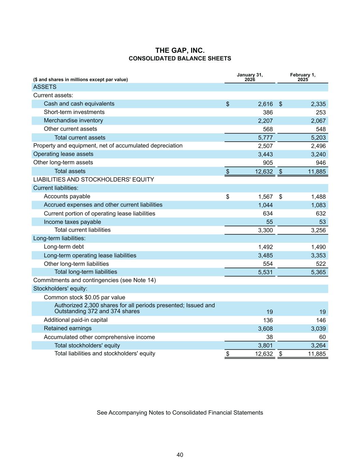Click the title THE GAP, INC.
(180, 51)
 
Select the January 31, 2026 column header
(250, 77)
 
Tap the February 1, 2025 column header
(303, 77)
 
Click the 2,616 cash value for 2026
(265, 104)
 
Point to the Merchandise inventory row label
(73, 121)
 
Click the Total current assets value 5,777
(265, 138)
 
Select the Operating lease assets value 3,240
(318, 154)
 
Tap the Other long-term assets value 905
(268, 163)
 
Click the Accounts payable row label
(67, 196)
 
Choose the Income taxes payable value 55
(269, 222)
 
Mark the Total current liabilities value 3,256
(318, 230)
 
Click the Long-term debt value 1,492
(265, 247)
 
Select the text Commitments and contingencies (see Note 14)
(95, 280)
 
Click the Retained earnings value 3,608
(265, 329)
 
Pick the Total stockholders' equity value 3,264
(318, 345)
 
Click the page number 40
(180, 455)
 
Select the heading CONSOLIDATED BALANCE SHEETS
(180, 58)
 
